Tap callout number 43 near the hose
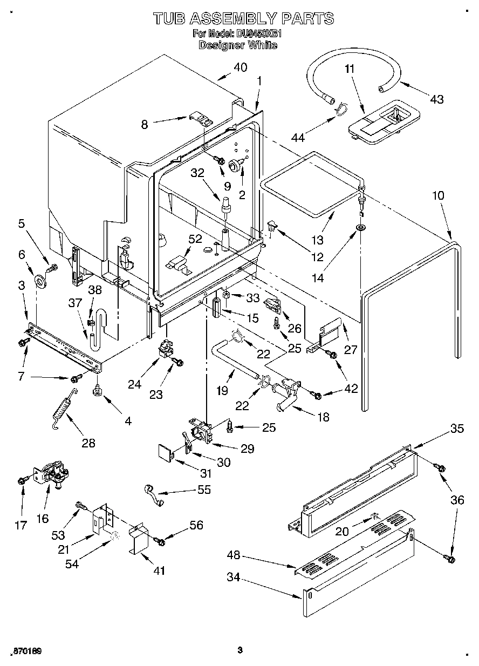pos(436,99)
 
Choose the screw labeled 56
pos(159,540)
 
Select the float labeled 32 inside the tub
pos(224,205)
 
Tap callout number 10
pos(437,195)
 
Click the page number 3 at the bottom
pos(239,650)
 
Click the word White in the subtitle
pos(262,45)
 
